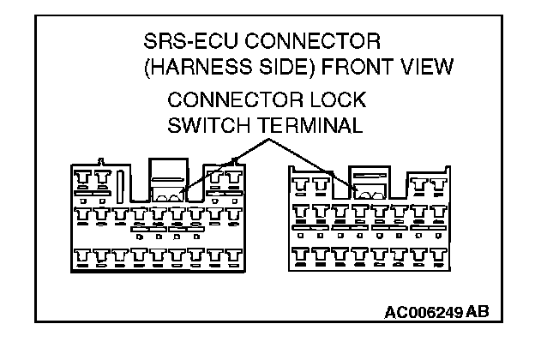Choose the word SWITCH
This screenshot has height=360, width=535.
(x=206, y=125)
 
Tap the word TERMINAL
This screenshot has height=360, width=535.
(x=306, y=125)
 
